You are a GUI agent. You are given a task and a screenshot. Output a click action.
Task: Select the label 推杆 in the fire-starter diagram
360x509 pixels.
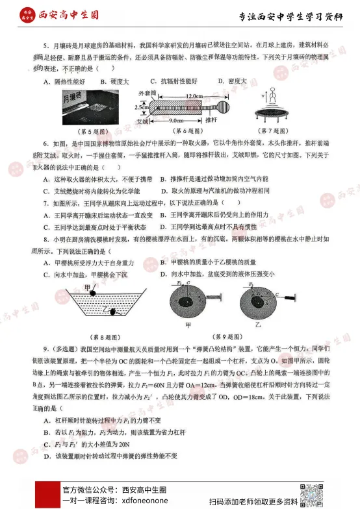point(211,120)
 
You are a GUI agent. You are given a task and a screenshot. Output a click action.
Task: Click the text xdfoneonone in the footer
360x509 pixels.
point(140,501)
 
